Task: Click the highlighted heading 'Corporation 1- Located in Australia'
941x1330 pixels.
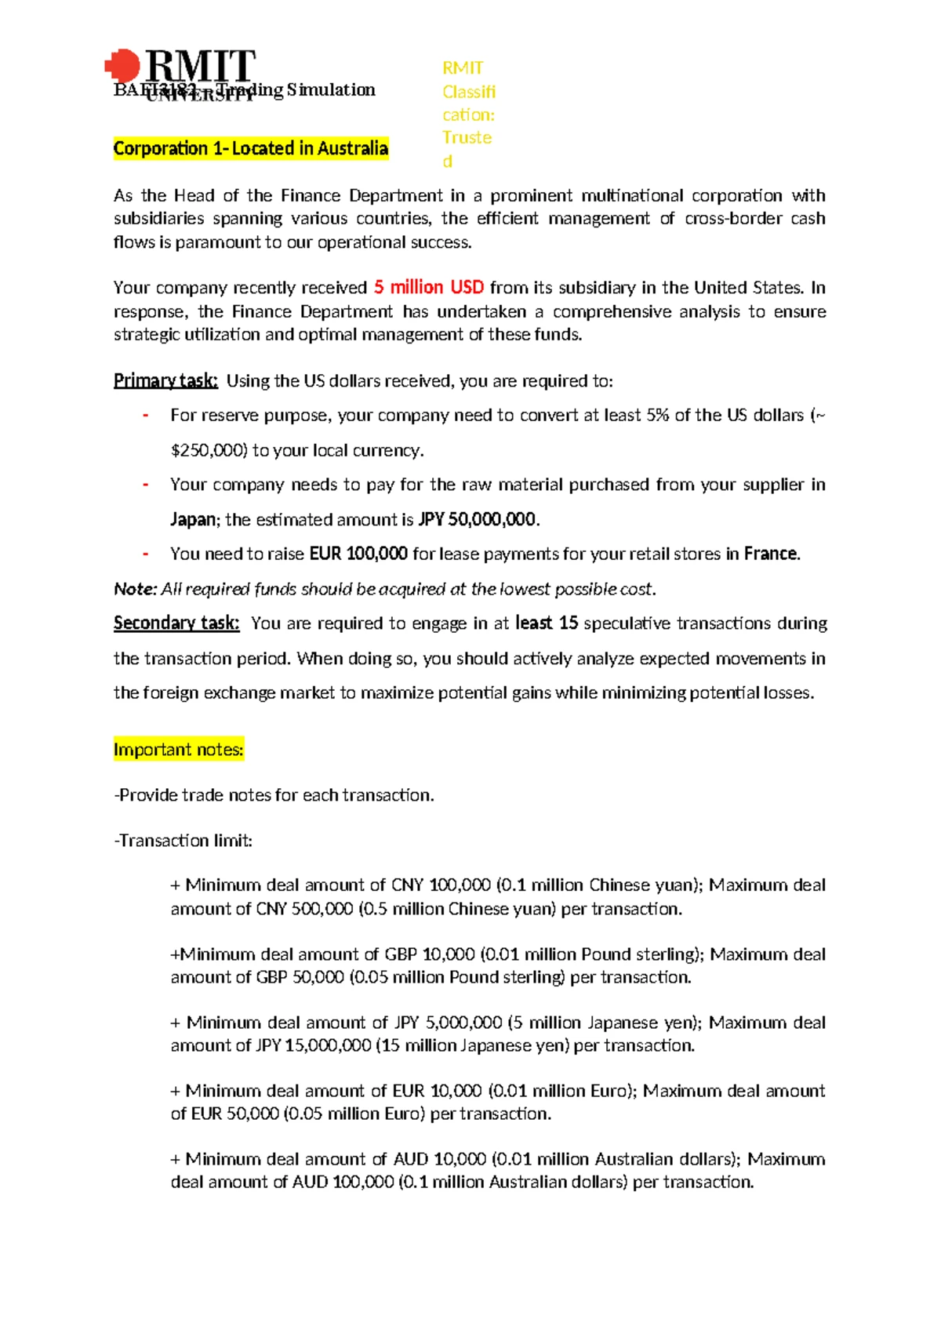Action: click(x=251, y=148)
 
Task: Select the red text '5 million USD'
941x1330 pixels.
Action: click(x=428, y=288)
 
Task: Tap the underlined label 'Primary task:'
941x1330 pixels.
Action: click(x=165, y=381)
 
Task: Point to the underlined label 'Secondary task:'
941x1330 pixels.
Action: click(x=176, y=623)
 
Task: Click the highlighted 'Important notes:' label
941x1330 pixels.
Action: click(x=179, y=750)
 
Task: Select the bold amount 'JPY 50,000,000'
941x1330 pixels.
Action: click(x=478, y=520)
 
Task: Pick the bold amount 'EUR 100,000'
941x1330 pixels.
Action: click(x=358, y=554)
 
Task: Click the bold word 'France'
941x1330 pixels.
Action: click(x=770, y=554)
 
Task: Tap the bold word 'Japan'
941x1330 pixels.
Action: click(x=192, y=520)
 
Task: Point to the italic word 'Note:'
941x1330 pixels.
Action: click(x=136, y=589)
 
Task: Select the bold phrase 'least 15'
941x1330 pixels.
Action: click(x=547, y=623)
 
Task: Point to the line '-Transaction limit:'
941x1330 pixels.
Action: click(x=183, y=841)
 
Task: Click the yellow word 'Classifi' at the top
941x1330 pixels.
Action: click(x=469, y=92)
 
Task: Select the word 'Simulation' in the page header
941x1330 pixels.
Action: click(x=331, y=90)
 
